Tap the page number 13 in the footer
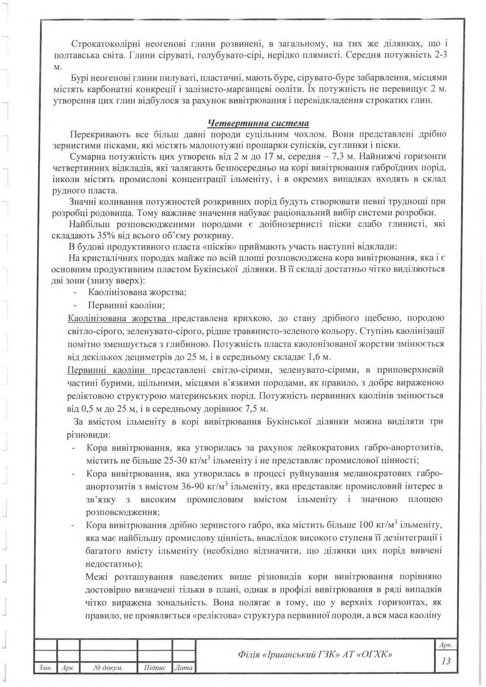(446, 660)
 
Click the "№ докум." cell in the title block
(108, 668)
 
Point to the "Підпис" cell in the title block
(155, 668)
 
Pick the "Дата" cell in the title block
(183, 668)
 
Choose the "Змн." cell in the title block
(44, 668)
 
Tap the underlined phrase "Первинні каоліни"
(108, 370)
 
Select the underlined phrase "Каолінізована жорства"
(118, 318)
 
